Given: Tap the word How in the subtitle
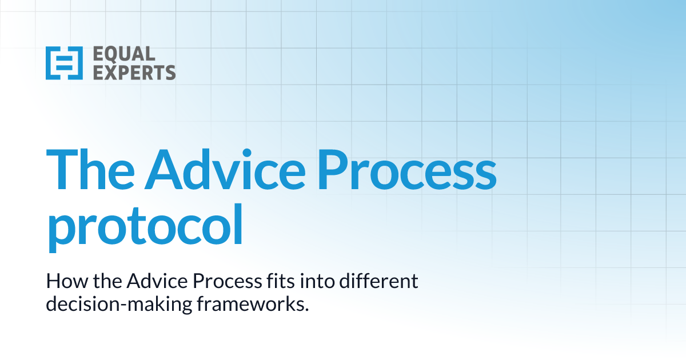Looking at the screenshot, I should tap(62, 282).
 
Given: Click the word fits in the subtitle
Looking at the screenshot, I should tap(269, 282).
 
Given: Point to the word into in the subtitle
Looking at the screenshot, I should tap(304, 282).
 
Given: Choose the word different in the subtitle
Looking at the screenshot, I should tap(372, 282).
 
